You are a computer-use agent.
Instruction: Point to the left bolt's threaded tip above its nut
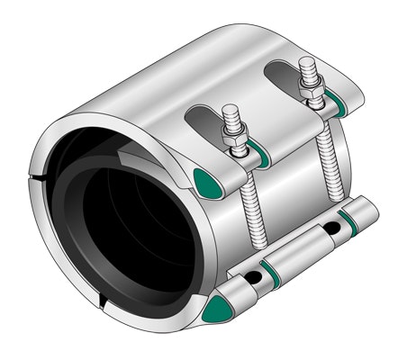(x=230, y=116)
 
